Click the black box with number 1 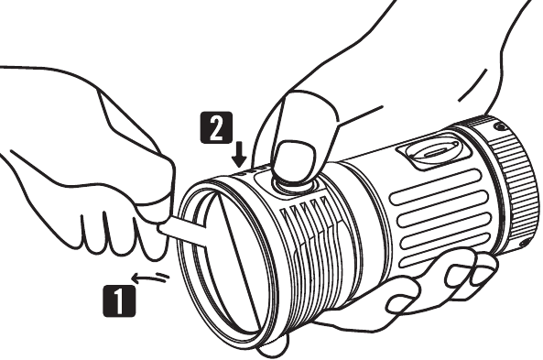click(119, 300)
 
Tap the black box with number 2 click(217, 127)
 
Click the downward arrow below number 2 click(239, 156)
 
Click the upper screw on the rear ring click(499, 127)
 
